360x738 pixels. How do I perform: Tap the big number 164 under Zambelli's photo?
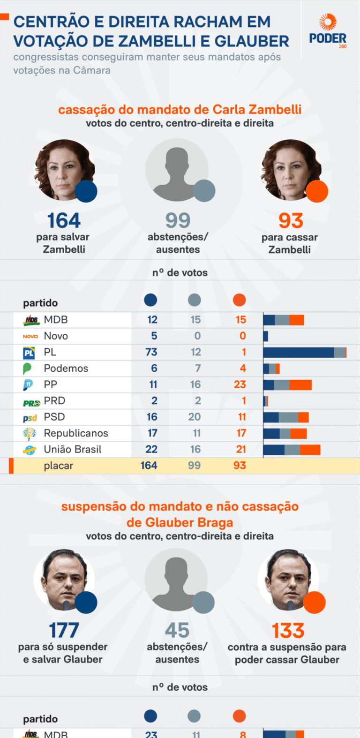(64, 221)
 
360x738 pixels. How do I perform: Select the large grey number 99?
(178, 221)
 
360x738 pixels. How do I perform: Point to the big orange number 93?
(291, 221)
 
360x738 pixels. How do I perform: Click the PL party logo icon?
(29, 353)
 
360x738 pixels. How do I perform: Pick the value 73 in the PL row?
(151, 352)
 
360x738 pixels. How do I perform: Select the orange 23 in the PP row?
(240, 384)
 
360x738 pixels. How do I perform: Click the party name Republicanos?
(76, 433)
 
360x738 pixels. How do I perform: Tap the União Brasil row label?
(73, 450)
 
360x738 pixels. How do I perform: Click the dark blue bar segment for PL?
(299, 353)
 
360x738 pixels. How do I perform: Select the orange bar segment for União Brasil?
(310, 450)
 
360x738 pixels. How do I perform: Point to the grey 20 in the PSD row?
(195, 417)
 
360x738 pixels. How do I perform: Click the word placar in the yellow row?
(59, 466)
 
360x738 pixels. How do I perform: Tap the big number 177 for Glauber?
(64, 631)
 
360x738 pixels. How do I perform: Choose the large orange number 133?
(288, 631)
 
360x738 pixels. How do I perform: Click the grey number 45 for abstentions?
(177, 631)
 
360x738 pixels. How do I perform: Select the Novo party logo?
(30, 336)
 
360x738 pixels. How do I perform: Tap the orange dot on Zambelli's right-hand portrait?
(317, 191)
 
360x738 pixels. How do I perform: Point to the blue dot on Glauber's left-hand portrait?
(86, 602)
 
